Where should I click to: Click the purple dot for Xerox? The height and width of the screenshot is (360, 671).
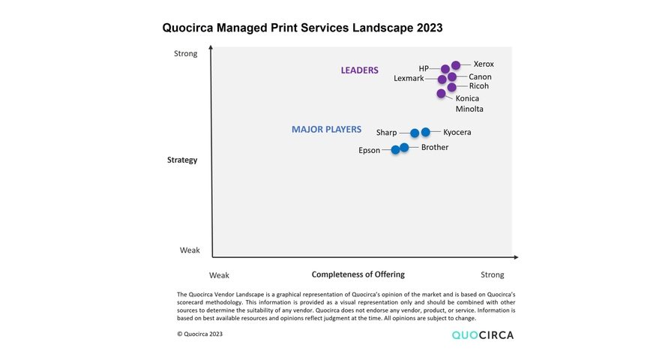tap(456, 65)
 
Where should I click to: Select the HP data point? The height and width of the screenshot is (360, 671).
tap(445, 69)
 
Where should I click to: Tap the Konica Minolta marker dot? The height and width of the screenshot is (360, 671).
tap(441, 94)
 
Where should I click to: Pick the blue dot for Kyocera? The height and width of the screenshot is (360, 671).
tap(426, 132)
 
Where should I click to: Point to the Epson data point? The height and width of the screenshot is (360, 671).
tap(395, 150)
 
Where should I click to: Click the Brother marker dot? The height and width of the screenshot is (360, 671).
tap(404, 148)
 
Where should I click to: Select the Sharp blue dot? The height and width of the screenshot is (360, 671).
tap(415, 133)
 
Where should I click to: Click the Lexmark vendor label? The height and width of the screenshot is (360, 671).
tap(409, 79)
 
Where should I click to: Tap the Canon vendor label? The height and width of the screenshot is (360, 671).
tap(480, 76)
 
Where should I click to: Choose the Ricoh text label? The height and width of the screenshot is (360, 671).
tap(478, 86)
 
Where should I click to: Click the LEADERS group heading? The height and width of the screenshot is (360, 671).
tap(359, 70)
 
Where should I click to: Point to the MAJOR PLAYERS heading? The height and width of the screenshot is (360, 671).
tap(326, 130)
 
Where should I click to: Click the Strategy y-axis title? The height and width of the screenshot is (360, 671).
tap(182, 160)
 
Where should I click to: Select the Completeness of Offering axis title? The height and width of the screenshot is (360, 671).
tap(358, 274)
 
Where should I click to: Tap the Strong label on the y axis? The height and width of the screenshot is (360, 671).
tap(185, 53)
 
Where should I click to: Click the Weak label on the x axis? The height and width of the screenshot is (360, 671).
tap(219, 275)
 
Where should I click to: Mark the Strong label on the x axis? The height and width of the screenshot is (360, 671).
tap(492, 275)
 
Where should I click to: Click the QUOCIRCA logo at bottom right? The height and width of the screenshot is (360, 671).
tap(482, 335)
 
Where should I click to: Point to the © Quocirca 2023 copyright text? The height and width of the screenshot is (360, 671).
tap(199, 334)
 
